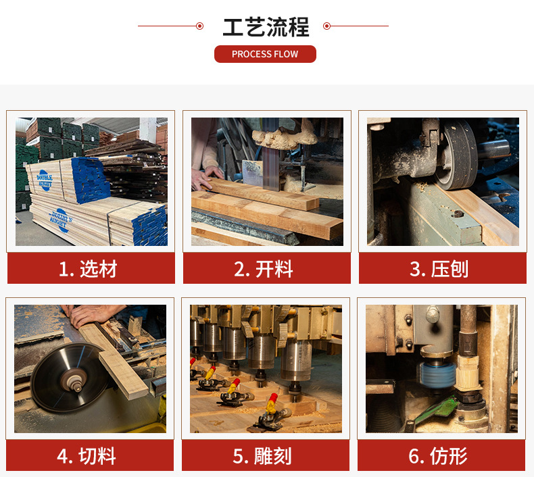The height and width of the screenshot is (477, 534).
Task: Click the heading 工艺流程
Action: [266, 27]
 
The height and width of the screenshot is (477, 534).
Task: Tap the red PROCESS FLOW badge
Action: [265, 54]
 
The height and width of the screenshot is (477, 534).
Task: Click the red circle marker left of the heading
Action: [200, 26]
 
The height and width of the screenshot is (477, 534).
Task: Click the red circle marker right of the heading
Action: [326, 26]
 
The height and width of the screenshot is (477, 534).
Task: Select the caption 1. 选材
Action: [88, 269]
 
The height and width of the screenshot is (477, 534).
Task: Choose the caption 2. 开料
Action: [263, 269]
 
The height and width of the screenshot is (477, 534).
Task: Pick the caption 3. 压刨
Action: [439, 269]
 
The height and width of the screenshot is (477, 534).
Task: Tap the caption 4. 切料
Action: [87, 456]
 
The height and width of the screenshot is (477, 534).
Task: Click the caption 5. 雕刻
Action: [262, 456]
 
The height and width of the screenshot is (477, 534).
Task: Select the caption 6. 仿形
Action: [438, 456]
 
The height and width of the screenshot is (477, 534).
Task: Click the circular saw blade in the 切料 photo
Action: [68, 377]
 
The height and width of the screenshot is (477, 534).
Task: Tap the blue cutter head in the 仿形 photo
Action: [437, 375]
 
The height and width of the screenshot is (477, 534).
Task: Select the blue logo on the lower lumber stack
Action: [60, 220]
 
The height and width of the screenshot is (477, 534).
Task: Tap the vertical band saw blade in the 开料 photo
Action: [271, 154]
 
